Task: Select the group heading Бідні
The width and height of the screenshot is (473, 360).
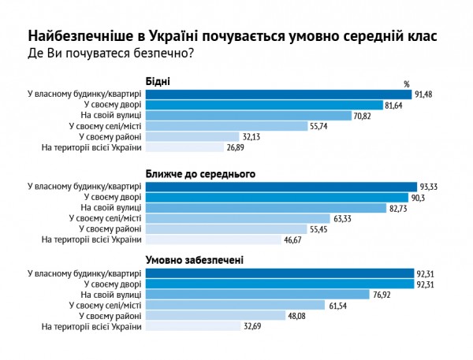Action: coord(158,81)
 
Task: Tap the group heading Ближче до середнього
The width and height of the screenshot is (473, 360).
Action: coord(202,173)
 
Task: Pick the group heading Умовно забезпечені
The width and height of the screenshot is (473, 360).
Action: coord(195,259)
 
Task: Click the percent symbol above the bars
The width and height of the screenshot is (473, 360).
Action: coord(407,84)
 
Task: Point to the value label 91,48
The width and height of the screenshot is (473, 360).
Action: coord(427,95)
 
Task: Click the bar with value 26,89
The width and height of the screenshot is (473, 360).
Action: coord(184,147)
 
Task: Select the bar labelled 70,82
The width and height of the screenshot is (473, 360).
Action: coord(248,115)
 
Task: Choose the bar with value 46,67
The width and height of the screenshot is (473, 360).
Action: coord(211,239)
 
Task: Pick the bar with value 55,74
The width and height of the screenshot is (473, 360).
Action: coord(226,126)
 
